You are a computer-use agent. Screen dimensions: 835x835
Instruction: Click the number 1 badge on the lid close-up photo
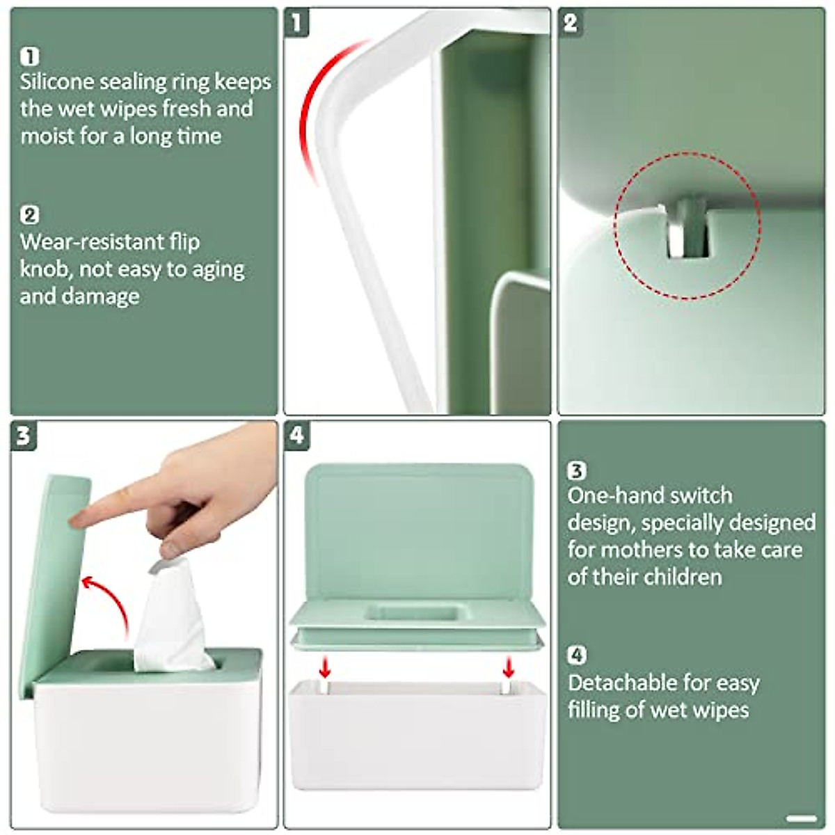pyautogui.click(x=296, y=23)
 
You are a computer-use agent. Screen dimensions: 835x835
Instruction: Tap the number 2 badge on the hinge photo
pyautogui.click(x=570, y=23)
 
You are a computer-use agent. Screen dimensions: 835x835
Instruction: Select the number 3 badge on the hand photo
pyautogui.click(x=23, y=436)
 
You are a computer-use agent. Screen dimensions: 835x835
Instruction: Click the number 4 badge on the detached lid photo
pyautogui.click(x=297, y=436)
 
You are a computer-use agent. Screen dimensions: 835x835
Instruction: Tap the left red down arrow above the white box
pyautogui.click(x=324, y=668)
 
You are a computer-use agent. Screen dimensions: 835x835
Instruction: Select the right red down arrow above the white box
pyautogui.click(x=509, y=668)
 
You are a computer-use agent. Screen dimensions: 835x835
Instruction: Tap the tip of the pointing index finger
pyautogui.click(x=79, y=518)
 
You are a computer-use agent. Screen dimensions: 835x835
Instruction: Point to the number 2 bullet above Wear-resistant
pyautogui.click(x=30, y=215)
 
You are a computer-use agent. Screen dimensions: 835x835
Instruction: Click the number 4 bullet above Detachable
pyautogui.click(x=577, y=655)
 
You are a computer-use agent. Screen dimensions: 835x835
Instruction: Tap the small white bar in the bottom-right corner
pyautogui.click(x=800, y=818)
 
